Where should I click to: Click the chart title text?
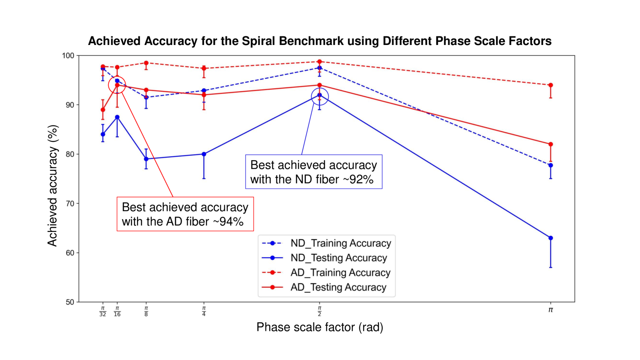tap(319, 41)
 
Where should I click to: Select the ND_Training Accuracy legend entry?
tap(340, 243)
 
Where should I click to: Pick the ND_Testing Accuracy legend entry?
tap(338, 258)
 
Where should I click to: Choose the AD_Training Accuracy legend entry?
tap(340, 273)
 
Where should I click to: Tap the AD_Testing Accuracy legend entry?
tap(338, 287)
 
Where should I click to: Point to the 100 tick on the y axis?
tap(68, 56)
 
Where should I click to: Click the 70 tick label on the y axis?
tap(70, 203)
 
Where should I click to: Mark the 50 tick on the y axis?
tap(70, 302)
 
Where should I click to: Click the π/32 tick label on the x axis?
tap(103, 311)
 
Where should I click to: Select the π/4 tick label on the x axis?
tap(204, 311)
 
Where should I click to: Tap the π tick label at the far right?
tap(551, 310)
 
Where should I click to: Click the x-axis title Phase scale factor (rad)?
tap(319, 327)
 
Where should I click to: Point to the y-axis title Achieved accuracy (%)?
tap(52, 185)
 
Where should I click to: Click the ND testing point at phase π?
tap(551, 238)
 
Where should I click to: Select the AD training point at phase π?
tap(551, 85)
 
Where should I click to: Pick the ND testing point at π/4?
tap(204, 154)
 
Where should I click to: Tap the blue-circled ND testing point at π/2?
tap(319, 95)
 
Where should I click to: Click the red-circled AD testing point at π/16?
tap(117, 85)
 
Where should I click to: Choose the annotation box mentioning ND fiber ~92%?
tap(313, 172)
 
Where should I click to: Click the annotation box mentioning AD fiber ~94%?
tap(185, 214)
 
